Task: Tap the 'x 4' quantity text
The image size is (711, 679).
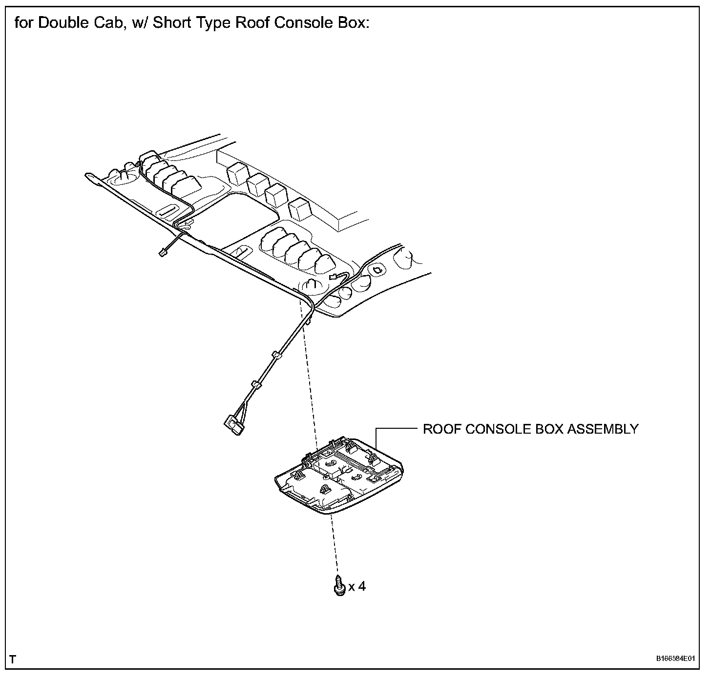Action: (x=357, y=586)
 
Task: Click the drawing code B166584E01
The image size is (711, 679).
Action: (x=675, y=659)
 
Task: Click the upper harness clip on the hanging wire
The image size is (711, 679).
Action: (x=276, y=355)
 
